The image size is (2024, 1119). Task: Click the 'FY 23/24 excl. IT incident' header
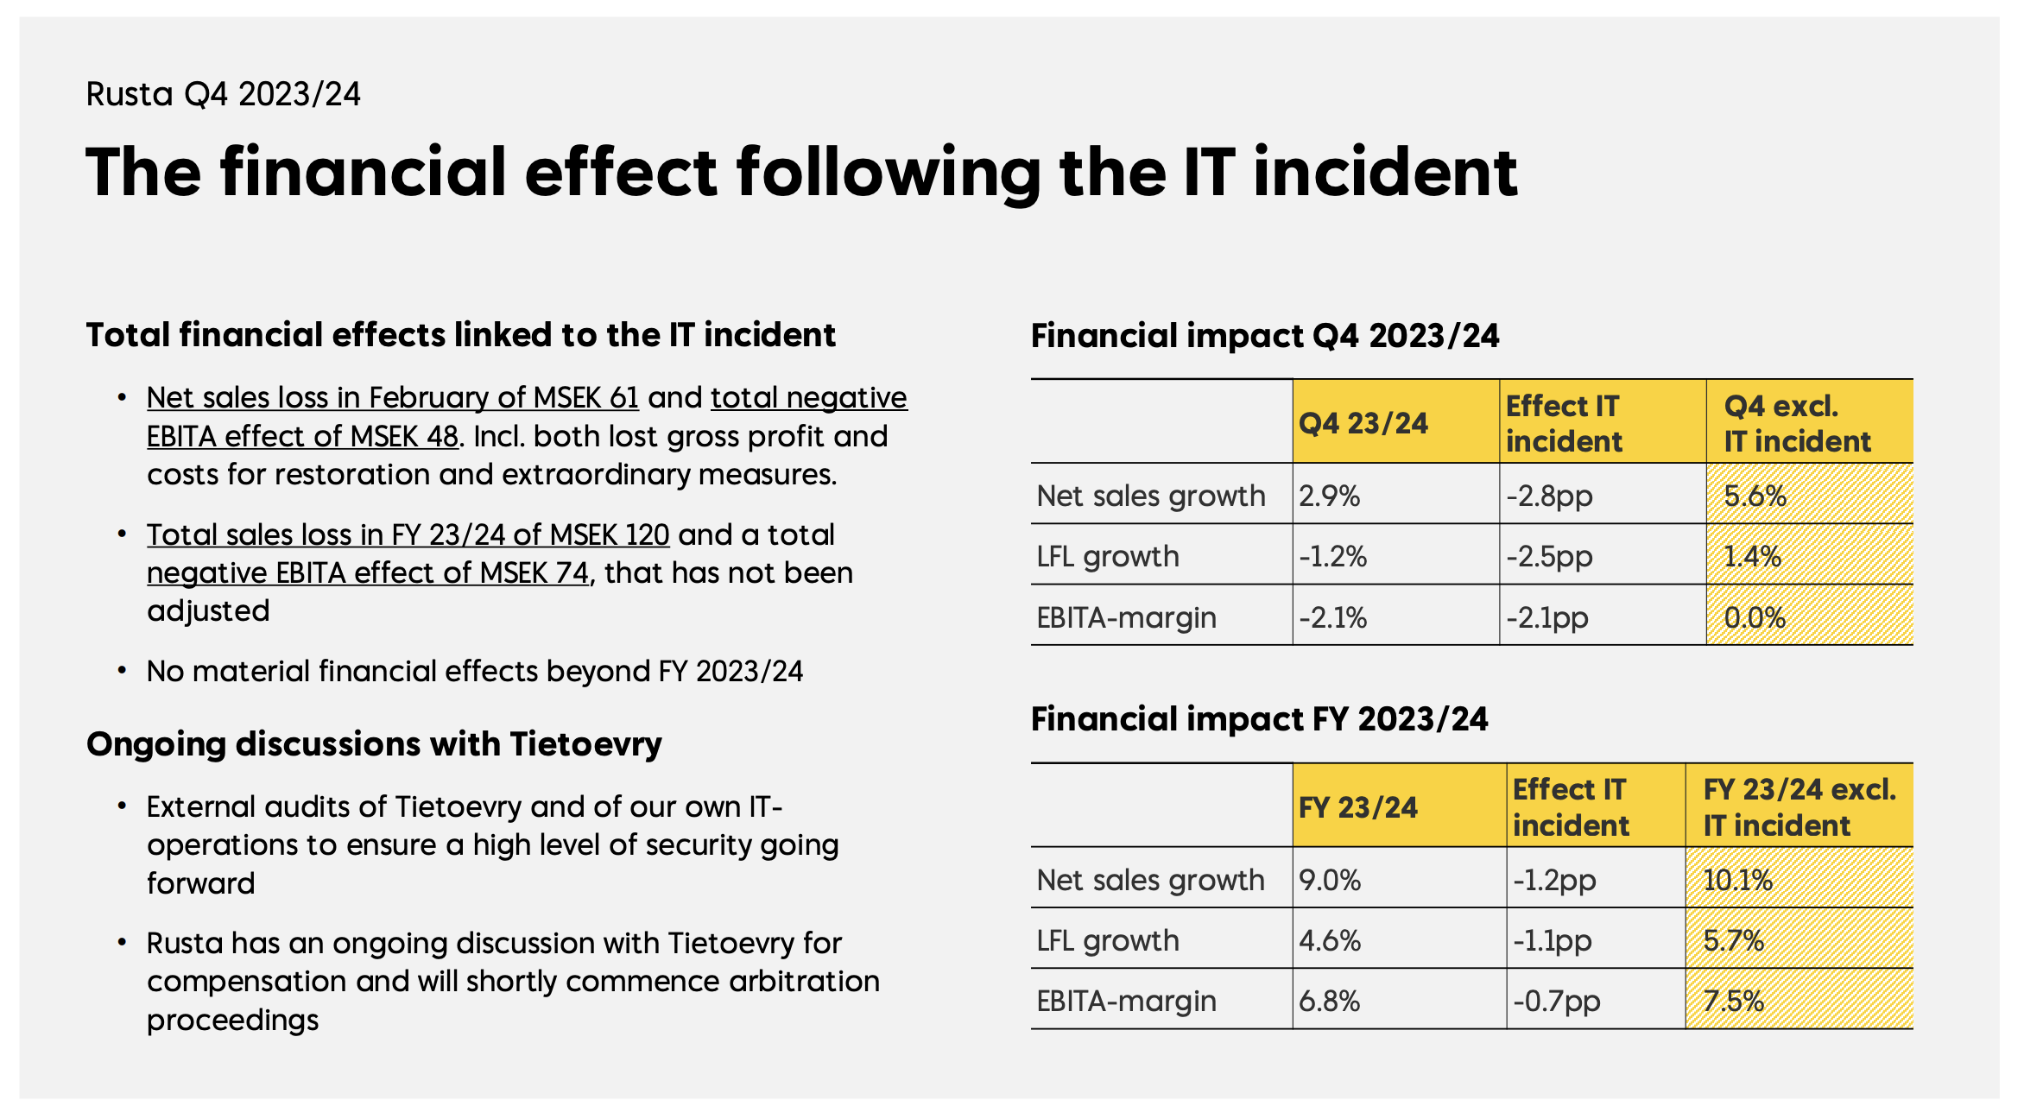coord(1799,807)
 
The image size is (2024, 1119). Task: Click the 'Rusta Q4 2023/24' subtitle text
coord(223,94)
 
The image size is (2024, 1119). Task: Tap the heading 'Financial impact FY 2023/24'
coord(1259,719)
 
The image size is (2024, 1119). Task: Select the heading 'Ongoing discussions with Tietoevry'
coord(374,743)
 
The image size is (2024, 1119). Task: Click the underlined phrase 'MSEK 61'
coord(585,397)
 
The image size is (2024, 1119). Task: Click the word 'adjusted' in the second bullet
coord(208,610)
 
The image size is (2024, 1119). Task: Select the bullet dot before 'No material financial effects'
coord(123,671)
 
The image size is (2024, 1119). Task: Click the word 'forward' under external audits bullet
coord(200,883)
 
